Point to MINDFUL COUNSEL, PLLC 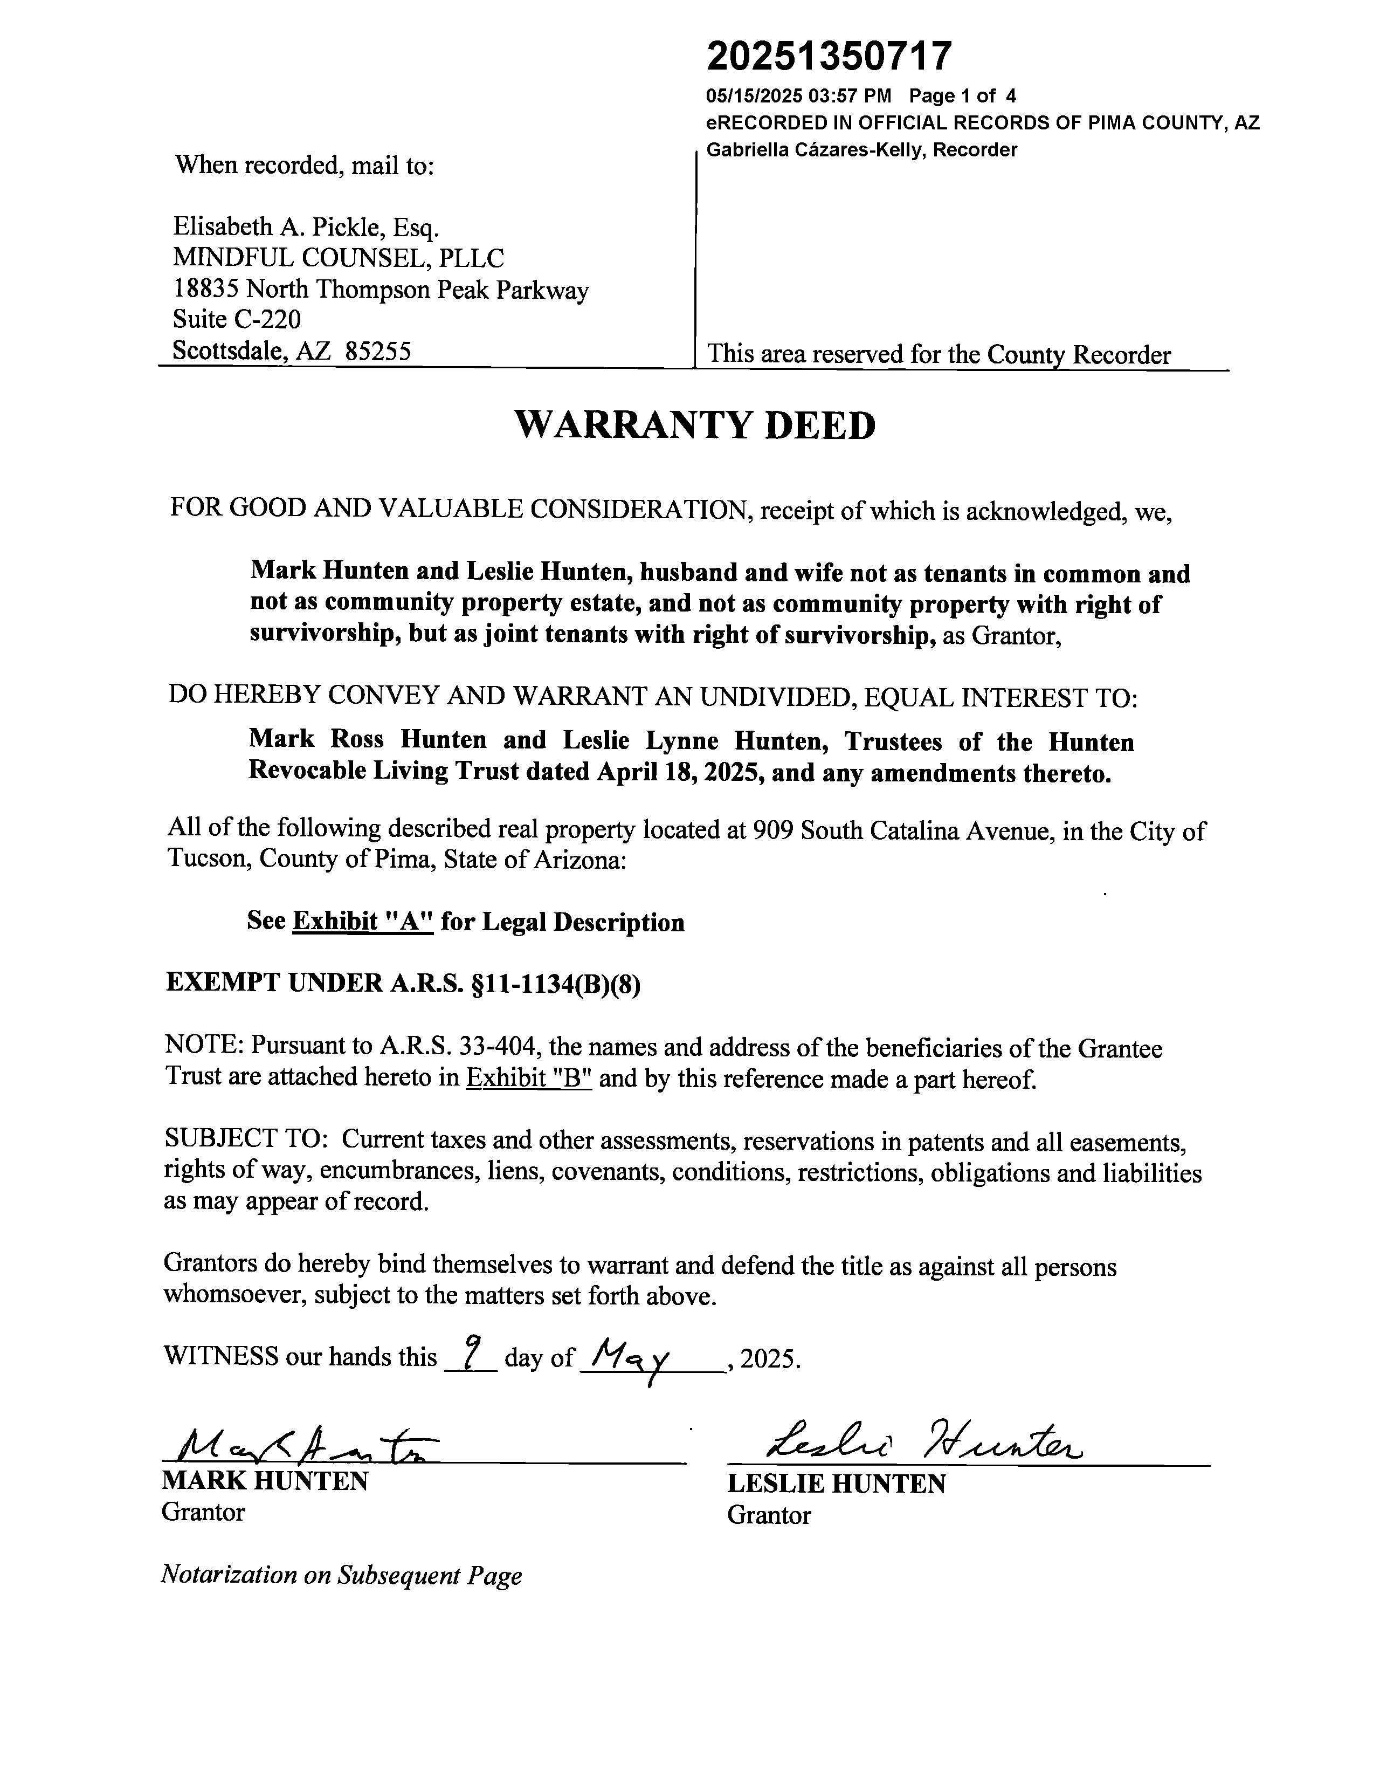click(337, 258)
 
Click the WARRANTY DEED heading click(695, 426)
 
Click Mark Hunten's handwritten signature click(302, 1447)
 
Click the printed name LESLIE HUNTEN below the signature click(836, 1483)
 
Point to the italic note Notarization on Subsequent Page click(341, 1575)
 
